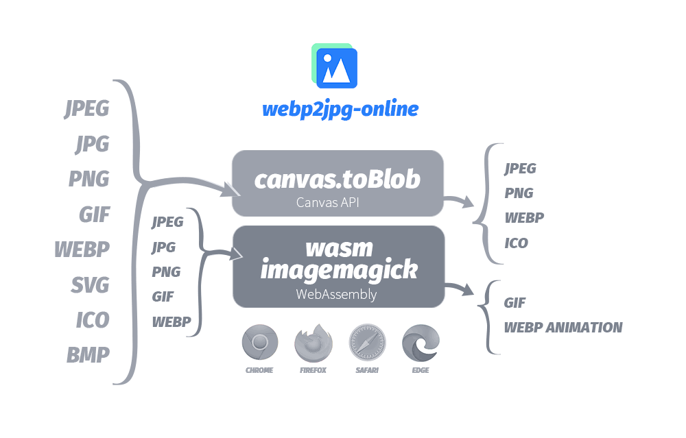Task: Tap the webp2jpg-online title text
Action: (x=340, y=109)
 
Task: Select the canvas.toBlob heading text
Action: (x=337, y=179)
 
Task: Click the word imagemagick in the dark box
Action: (x=339, y=269)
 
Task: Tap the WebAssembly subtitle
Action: (x=336, y=294)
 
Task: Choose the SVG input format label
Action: (x=91, y=284)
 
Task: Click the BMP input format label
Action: (x=88, y=354)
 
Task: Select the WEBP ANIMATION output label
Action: (x=563, y=328)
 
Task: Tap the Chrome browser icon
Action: (x=259, y=343)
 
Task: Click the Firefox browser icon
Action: (x=313, y=343)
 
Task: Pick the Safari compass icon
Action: (x=367, y=343)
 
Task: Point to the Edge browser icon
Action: (x=421, y=343)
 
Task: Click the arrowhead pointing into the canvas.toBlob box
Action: (x=226, y=191)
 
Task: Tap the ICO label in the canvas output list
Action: (x=517, y=243)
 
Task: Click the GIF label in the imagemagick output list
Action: (x=515, y=302)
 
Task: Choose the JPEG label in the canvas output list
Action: (x=521, y=169)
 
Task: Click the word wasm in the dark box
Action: (x=339, y=247)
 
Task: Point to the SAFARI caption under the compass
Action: (x=367, y=370)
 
